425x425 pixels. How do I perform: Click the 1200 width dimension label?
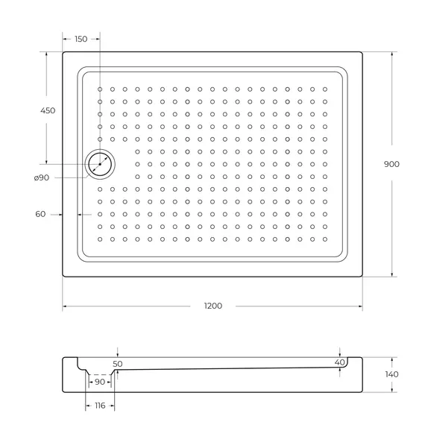(212, 306)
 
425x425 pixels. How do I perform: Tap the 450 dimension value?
(47, 110)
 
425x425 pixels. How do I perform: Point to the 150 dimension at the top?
(81, 39)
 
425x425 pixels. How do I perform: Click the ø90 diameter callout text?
(42, 177)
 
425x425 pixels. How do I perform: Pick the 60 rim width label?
(40, 214)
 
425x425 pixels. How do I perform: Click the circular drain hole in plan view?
(100, 164)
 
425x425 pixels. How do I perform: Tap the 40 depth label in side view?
(340, 362)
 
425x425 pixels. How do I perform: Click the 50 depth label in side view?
(117, 364)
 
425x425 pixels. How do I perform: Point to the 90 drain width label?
(99, 382)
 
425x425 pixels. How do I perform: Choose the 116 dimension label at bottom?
(99, 406)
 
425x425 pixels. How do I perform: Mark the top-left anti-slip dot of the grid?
(100, 89)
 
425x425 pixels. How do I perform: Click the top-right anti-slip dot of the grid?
(325, 89)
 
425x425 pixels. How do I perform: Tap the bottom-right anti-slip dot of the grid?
(325, 239)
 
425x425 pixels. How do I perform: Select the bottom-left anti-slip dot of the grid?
(100, 239)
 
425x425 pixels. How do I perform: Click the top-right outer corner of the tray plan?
(362, 51)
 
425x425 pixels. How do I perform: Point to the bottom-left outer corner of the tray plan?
(63, 277)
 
